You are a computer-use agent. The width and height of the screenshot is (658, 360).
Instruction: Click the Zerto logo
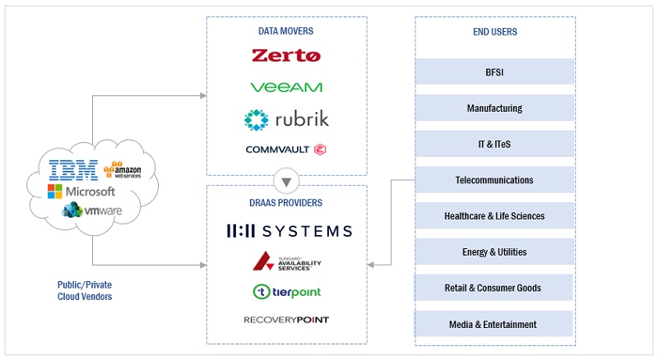click(x=286, y=56)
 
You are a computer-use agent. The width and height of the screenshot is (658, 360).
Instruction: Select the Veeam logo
click(x=286, y=87)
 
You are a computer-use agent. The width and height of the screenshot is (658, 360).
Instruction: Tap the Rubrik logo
click(x=286, y=119)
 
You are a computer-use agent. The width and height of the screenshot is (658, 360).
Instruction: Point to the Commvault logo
click(x=286, y=150)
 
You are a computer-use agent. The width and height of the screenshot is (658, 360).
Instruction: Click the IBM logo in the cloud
click(x=73, y=170)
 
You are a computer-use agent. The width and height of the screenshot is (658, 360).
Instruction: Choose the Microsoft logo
click(x=81, y=192)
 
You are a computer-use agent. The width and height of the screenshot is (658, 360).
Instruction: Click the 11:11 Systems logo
click(x=289, y=231)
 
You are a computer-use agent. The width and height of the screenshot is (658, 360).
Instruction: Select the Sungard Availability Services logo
click(x=286, y=262)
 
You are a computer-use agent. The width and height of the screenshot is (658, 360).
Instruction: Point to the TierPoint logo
click(x=286, y=292)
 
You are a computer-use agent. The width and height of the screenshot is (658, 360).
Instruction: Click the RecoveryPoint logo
click(x=286, y=320)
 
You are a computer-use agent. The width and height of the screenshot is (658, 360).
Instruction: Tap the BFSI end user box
click(x=494, y=72)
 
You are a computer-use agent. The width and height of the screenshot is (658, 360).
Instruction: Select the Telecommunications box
click(x=494, y=180)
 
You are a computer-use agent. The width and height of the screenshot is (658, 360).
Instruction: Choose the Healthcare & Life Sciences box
click(x=494, y=216)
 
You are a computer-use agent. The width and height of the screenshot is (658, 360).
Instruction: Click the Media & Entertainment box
click(x=494, y=325)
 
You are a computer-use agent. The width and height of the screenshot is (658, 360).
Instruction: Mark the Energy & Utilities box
click(x=494, y=252)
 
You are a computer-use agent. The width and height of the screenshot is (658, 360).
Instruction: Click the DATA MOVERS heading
click(x=285, y=31)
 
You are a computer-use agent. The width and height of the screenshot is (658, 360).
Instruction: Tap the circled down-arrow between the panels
click(x=286, y=182)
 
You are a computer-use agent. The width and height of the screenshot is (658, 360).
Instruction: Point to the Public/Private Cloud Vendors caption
click(x=85, y=291)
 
